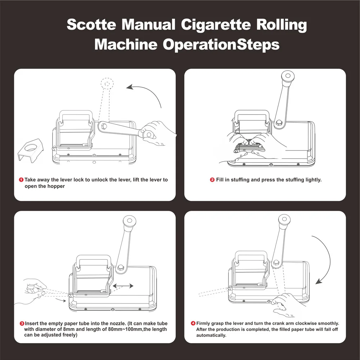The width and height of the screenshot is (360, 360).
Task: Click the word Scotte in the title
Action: coord(91,24)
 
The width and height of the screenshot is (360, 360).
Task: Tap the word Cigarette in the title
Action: coord(216,25)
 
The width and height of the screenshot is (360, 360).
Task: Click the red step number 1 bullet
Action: coord(21,180)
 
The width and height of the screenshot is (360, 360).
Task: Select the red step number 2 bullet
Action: coord(212,180)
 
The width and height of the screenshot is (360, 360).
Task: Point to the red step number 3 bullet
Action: coord(22,324)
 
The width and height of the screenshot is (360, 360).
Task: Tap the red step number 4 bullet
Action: coord(193,323)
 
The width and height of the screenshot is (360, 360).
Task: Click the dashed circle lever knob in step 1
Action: coord(107,84)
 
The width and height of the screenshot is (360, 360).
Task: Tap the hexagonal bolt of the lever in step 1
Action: coord(103,126)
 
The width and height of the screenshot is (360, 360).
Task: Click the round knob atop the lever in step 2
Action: coord(288,76)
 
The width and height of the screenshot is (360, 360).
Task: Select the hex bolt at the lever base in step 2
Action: coord(279,122)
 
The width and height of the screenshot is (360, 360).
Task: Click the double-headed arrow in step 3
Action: coord(123,286)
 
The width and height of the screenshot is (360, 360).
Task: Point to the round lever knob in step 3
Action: coord(130,221)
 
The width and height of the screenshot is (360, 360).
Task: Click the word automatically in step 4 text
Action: coord(211,336)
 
